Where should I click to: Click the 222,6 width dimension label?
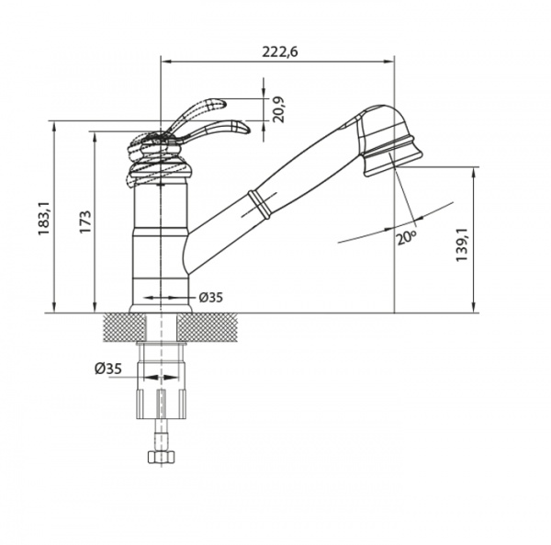pos(280,51)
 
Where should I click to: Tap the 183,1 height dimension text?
pos(45,219)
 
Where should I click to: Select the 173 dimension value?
pos(85,221)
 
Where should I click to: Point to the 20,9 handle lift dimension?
pos(278,109)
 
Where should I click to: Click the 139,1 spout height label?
pos(462,244)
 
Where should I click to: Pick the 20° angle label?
pos(407,237)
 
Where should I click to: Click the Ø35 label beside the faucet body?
pos(211,298)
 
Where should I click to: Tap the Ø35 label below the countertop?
pos(108,369)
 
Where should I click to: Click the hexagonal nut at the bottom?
pos(162,457)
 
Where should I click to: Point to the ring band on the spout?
pos(259,205)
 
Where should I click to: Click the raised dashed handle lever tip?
pos(220,103)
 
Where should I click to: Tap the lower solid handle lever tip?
pos(244,127)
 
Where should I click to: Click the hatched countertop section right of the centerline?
pos(207,328)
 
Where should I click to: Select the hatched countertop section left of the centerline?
pos(124,328)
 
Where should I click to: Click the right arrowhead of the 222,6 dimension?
pos(389,62)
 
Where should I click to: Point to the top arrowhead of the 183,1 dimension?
pos(54,127)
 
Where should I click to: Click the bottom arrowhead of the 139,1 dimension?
pos(474,307)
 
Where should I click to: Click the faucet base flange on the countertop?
pos(161,309)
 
